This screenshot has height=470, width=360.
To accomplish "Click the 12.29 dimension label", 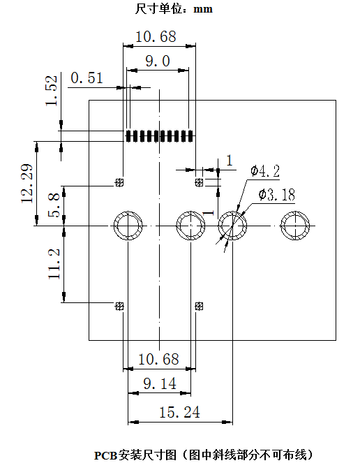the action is [x=27, y=184].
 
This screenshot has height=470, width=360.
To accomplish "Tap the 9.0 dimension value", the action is [x=158, y=61].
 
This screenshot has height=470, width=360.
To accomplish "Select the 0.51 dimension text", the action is [x=87, y=78].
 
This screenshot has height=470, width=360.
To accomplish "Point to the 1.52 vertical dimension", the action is [x=51, y=91].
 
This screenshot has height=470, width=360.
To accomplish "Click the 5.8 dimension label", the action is [x=54, y=205].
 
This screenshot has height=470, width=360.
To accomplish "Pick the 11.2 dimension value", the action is [x=54, y=264].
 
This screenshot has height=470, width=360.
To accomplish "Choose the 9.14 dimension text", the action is [x=160, y=383].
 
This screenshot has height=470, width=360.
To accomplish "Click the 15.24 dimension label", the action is [x=179, y=412].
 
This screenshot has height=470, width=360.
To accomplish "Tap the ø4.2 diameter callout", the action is [x=265, y=171].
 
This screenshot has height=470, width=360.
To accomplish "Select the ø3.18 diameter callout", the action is [x=277, y=195].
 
